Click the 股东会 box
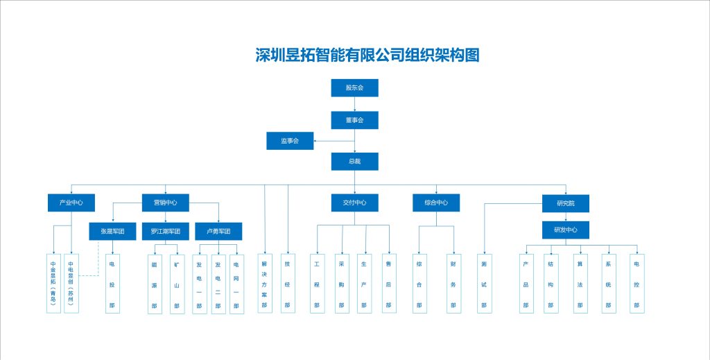pyautogui.click(x=354, y=87)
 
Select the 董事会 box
pyautogui.click(x=354, y=120)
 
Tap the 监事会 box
pyautogui.click(x=290, y=141)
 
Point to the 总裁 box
pyautogui.click(x=354, y=162)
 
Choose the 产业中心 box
pyautogui.click(x=71, y=203)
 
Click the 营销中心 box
pyautogui.click(x=165, y=203)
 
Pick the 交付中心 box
pyautogui.click(x=354, y=203)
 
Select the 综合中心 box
pyautogui.click(x=436, y=203)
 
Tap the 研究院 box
pyautogui.click(x=566, y=203)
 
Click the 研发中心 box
pyautogui.click(x=566, y=230)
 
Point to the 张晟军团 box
pyautogui.click(x=112, y=231)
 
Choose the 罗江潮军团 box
pyautogui.click(x=165, y=231)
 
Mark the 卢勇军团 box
pyautogui.click(x=218, y=231)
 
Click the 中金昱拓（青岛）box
pyautogui.click(x=54, y=283)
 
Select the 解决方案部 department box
pyautogui.click(x=265, y=283)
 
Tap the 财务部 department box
pyautogui.click(x=454, y=283)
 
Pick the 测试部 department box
pyautogui.click(x=484, y=283)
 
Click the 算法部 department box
pyautogui.click(x=580, y=283)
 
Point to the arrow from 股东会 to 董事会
pyautogui.click(x=354, y=103)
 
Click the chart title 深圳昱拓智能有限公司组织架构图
pyautogui.click(x=367, y=55)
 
